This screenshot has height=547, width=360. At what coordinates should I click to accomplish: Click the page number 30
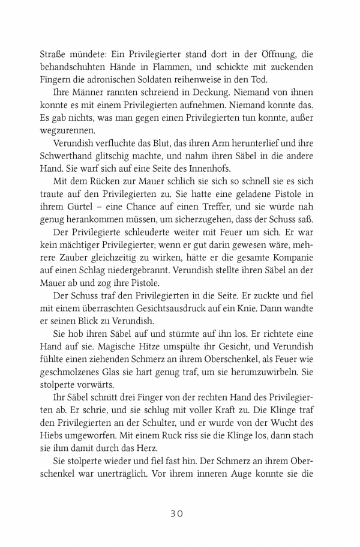[x=180, y=513]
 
